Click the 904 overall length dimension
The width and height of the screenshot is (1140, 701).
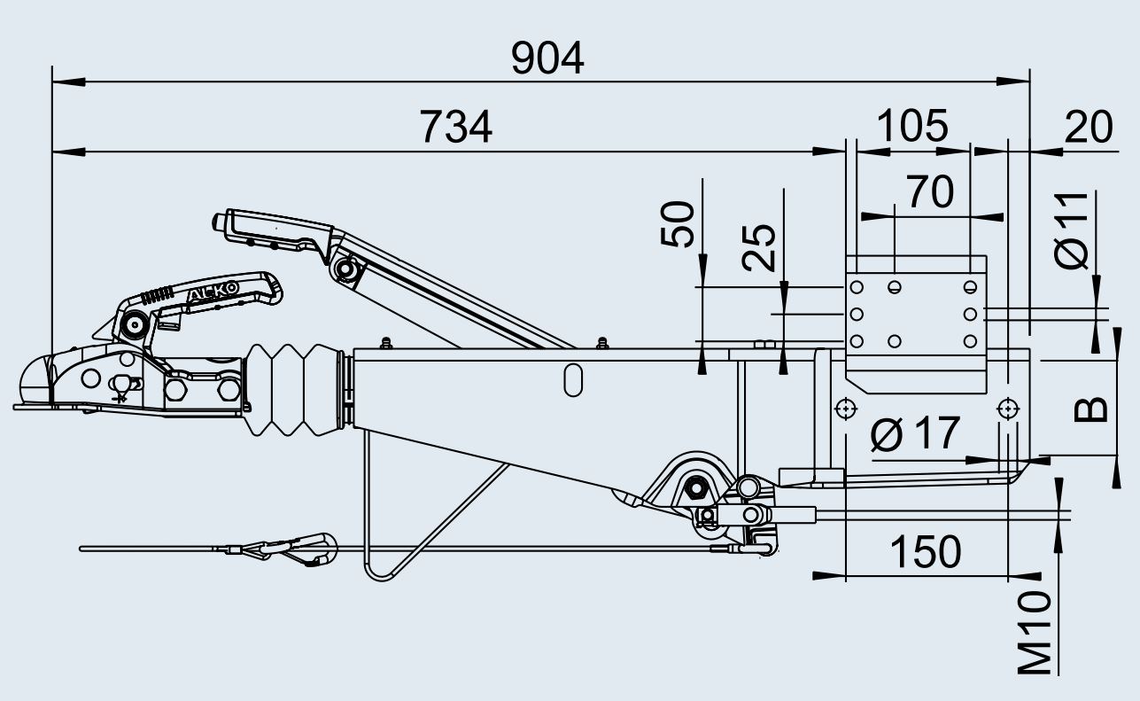click(547, 58)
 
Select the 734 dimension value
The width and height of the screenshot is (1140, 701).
click(456, 127)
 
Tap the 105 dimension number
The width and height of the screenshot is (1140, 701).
click(912, 126)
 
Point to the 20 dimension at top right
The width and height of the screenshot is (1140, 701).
click(1088, 127)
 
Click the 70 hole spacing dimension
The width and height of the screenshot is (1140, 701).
click(930, 192)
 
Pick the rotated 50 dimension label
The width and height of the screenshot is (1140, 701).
click(678, 224)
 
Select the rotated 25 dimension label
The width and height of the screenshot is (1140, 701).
click(759, 248)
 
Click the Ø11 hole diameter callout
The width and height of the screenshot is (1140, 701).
click(1071, 230)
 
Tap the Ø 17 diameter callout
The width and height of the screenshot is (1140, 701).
click(915, 433)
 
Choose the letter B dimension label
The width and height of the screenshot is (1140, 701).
click(1090, 409)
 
